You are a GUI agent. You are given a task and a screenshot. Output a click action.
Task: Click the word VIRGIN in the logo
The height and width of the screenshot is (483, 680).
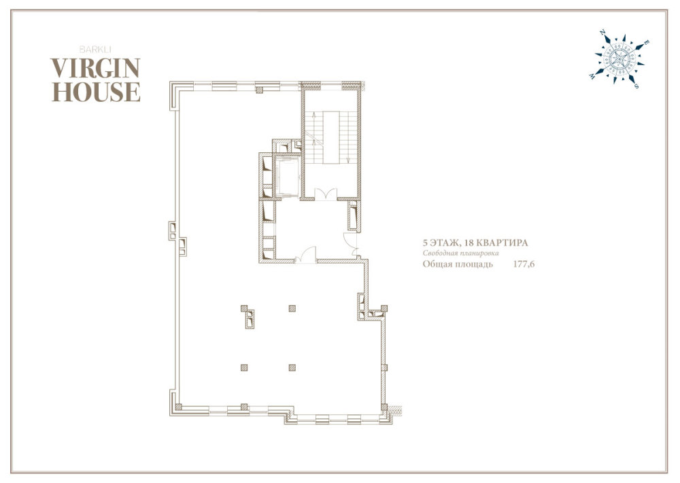click(95, 67)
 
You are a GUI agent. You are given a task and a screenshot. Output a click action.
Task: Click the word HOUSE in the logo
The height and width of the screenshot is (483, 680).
click(96, 92)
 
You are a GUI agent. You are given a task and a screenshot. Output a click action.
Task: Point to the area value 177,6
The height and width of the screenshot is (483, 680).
click(524, 264)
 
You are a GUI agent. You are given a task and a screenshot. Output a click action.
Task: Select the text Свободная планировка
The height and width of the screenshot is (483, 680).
click(461, 253)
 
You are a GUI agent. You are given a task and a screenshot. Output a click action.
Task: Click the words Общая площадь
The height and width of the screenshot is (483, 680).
click(458, 264)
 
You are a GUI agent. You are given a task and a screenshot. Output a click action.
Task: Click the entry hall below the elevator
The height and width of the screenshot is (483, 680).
click(311, 229)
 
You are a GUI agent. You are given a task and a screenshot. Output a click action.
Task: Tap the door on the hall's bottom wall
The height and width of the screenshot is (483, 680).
click(306, 255)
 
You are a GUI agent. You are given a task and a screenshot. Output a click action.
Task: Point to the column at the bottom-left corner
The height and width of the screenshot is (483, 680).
click(178, 407)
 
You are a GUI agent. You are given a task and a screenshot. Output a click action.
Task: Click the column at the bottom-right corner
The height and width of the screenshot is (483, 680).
click(384, 407)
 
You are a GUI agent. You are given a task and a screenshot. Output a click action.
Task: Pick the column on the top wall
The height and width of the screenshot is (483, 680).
click(259, 90)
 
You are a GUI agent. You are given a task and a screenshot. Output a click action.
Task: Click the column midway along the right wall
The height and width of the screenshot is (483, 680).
click(384, 368)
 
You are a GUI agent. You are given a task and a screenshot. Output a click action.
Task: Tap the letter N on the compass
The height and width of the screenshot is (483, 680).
click(602, 33)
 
